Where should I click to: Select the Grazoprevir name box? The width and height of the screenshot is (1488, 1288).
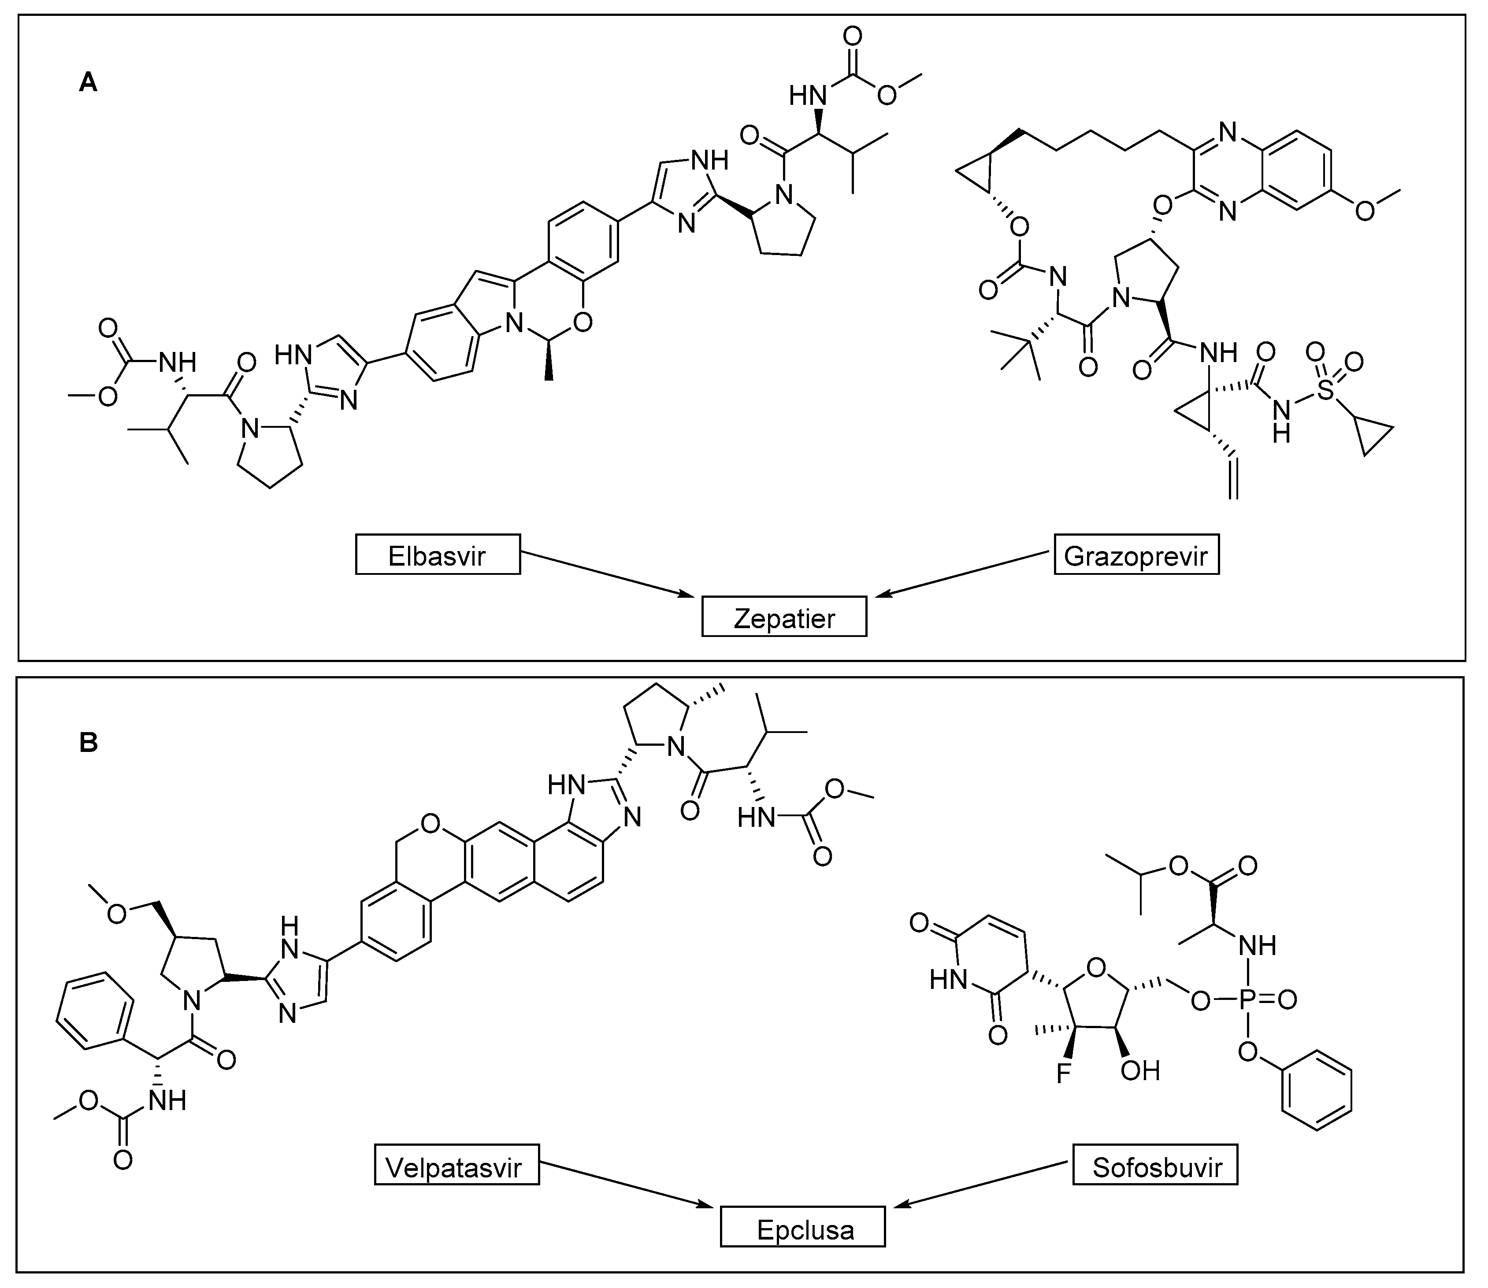(x=1136, y=554)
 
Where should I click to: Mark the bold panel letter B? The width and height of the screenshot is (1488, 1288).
(x=88, y=743)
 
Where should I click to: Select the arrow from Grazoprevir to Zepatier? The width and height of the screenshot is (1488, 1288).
(x=963, y=574)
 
